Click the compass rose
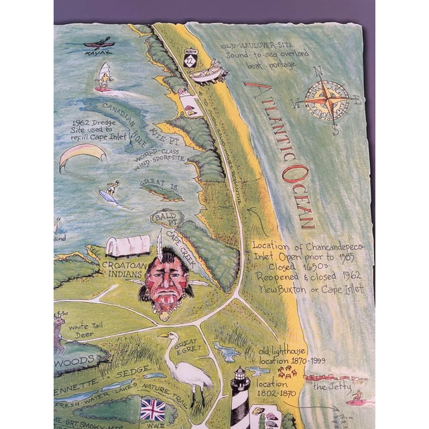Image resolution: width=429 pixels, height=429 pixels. [x=326, y=101]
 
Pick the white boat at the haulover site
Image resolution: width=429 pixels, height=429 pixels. [x=209, y=71]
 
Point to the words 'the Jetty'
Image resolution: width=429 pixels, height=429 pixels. [x=330, y=387]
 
